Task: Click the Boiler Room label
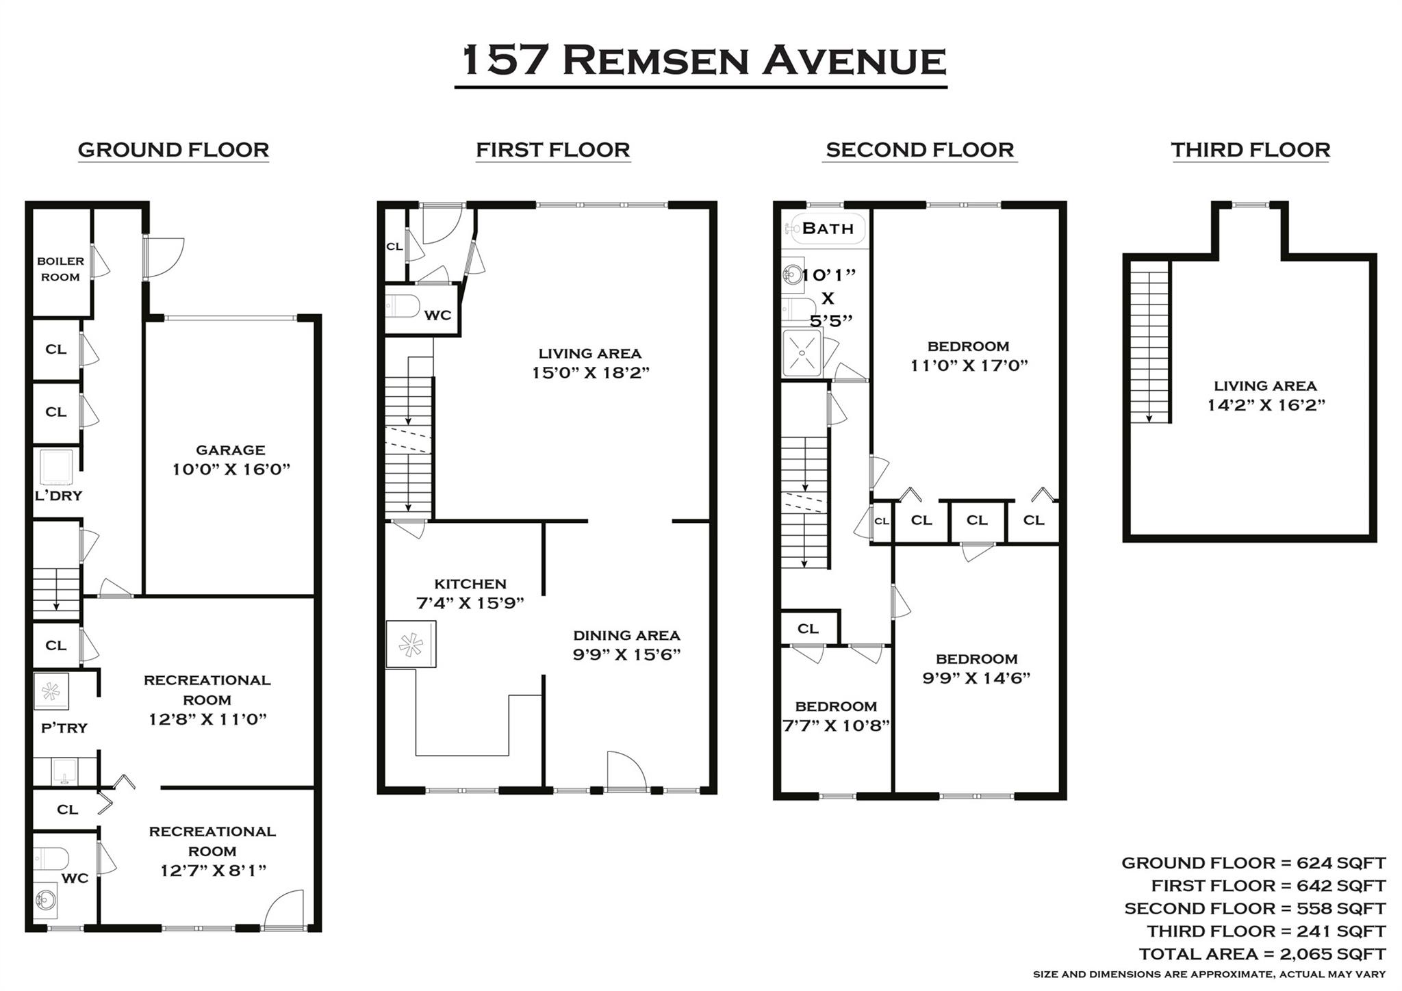coord(60,269)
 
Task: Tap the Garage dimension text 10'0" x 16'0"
coord(231,469)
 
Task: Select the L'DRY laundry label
coord(58,495)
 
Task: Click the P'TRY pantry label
coord(64,728)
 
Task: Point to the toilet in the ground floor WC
coord(52,858)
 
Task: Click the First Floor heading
coord(552,150)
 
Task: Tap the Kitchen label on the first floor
coord(470,584)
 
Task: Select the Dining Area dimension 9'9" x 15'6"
coord(626,654)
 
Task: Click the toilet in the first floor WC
coord(403,305)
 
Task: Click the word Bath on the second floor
coord(828,229)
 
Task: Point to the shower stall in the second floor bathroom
coord(802,352)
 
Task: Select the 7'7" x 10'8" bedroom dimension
coord(836,725)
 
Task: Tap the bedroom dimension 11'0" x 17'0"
coord(969,365)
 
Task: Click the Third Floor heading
coord(1250,150)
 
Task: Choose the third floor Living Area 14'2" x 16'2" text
coord(1266,404)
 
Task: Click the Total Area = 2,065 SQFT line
coord(1262,953)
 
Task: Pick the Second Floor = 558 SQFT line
coord(1254,908)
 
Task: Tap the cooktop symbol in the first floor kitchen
coord(411,644)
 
